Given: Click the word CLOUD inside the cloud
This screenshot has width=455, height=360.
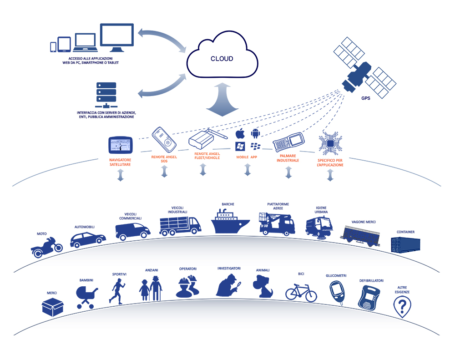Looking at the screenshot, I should click(x=222, y=59).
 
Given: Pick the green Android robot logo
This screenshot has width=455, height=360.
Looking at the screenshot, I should click(x=255, y=134).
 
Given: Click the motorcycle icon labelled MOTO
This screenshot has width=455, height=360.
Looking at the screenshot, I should click(x=46, y=247).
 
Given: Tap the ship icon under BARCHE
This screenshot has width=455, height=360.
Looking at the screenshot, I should click(x=230, y=222).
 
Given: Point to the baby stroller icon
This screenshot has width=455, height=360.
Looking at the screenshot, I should click(x=86, y=296).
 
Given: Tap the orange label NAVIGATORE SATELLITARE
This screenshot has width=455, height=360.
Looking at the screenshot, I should click(x=121, y=162).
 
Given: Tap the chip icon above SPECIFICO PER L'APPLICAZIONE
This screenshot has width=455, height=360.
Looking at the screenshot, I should click(x=330, y=142).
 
